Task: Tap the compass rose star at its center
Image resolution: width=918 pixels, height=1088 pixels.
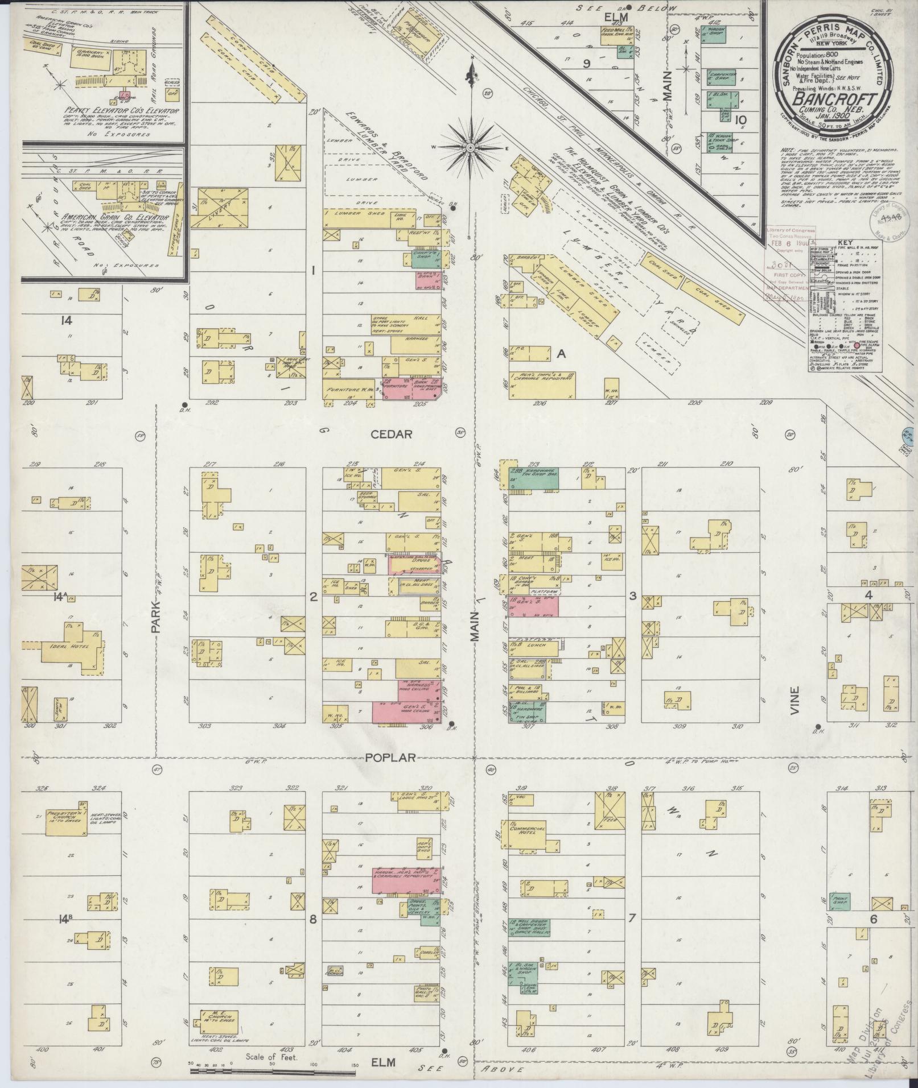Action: (471, 147)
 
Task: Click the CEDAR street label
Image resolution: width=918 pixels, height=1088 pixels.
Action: (391, 435)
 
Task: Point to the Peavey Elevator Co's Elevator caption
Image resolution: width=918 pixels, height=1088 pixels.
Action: (107, 110)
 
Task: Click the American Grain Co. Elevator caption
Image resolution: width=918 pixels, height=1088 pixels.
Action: (93, 218)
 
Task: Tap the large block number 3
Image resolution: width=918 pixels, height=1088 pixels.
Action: (632, 596)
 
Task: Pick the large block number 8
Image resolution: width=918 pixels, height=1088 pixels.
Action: (312, 919)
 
